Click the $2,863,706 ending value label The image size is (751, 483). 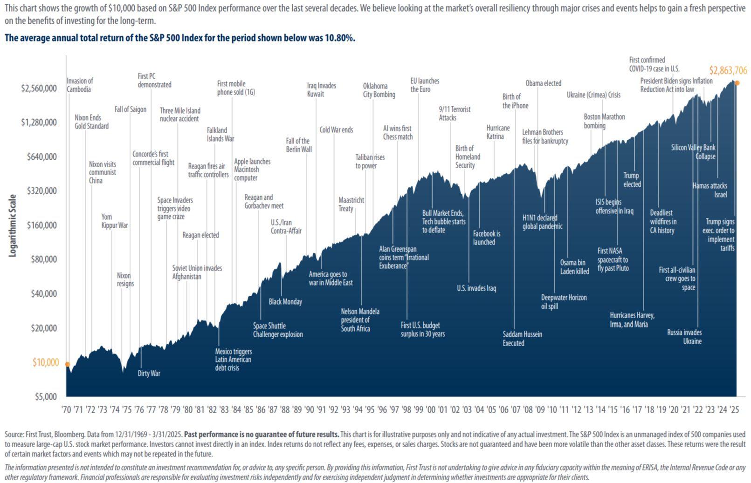[x=728, y=71]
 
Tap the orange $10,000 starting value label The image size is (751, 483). [x=46, y=362]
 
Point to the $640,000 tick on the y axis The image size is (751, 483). [x=42, y=157]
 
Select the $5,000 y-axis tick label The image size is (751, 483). [x=46, y=397]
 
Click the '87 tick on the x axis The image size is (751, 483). [x=273, y=409]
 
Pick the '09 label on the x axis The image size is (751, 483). [x=540, y=409]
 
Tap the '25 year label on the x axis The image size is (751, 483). [x=734, y=409]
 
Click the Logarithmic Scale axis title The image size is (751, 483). [x=13, y=225]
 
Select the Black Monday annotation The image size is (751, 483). [x=285, y=302]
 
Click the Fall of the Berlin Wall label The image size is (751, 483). [x=299, y=145]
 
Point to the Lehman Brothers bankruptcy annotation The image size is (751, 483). [x=545, y=136]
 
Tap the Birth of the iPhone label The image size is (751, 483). [x=515, y=101]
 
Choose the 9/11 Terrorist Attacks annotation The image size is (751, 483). [x=455, y=113]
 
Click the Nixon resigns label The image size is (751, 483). [x=125, y=279]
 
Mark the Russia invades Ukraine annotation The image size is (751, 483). [x=684, y=337]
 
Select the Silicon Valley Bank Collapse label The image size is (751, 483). [x=694, y=152]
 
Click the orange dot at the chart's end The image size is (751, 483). [x=737, y=83]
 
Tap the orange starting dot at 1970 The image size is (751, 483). [x=67, y=364]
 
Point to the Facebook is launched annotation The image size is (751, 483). [x=486, y=238]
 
